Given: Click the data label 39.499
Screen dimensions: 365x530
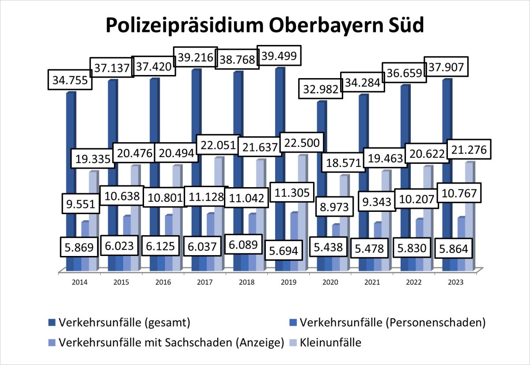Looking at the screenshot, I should point(279,56).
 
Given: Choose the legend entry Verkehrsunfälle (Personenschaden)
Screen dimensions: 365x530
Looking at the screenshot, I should point(392,322).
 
